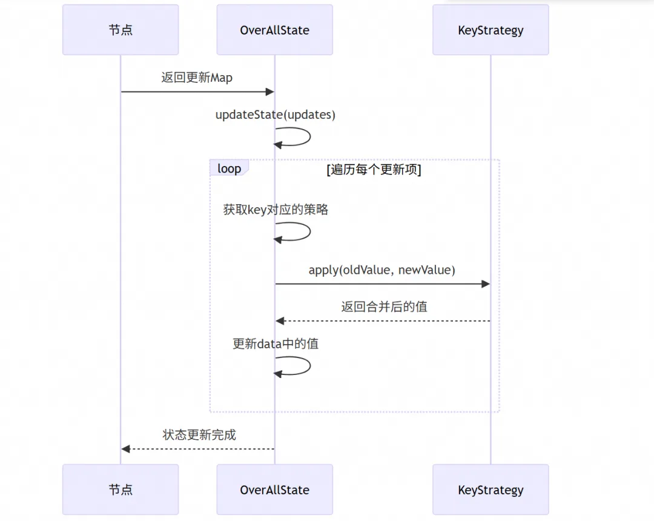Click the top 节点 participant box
coord(121,30)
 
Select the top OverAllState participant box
coord(274,30)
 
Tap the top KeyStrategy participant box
coord(490,30)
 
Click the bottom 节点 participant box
coord(121,489)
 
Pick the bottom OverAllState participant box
coord(274,489)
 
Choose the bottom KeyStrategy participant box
coord(490,489)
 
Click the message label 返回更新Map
coord(197,78)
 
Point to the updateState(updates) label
coord(276,114)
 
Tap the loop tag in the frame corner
coord(229,168)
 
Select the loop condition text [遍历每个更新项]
coord(374,170)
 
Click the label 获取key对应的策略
coord(276,210)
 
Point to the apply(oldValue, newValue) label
coord(381,270)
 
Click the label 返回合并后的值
coord(384,307)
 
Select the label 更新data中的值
coord(276,343)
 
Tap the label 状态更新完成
coord(199,434)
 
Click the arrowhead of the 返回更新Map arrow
coord(270,91)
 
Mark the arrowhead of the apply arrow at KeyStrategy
coord(486,284)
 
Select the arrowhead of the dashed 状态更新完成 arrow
coord(125,449)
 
